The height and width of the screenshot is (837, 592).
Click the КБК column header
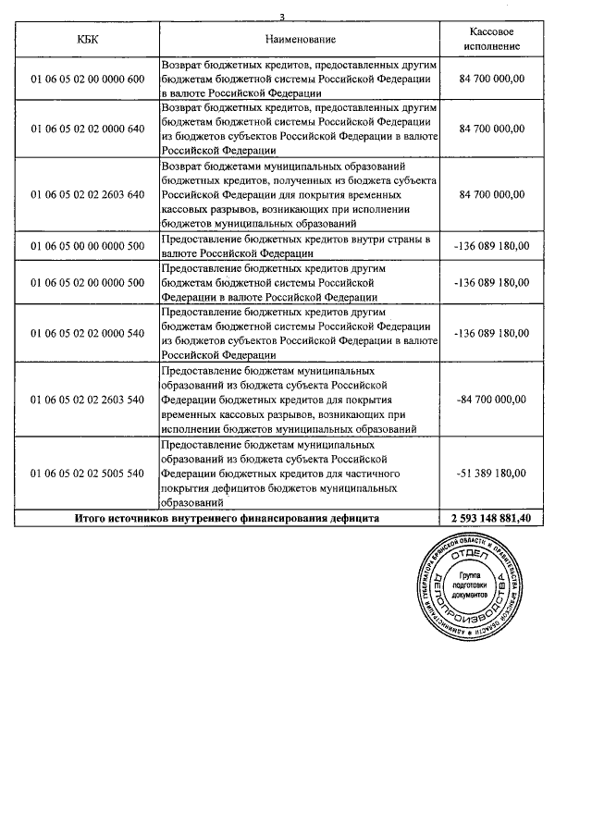pos(88,39)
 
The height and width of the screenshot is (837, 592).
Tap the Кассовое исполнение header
pos(491,39)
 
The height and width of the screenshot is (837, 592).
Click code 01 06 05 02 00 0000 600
pos(88,79)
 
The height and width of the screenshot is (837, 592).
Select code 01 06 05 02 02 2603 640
pos(88,194)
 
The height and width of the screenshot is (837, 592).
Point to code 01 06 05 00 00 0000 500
pos(88,246)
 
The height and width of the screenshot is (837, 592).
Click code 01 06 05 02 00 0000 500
pos(88,282)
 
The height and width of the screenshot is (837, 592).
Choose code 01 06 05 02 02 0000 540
pos(88,333)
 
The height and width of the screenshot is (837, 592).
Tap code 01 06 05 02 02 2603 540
pos(88,399)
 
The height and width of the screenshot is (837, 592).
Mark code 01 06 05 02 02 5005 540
pos(88,473)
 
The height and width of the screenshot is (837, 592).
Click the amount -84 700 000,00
pos(491,399)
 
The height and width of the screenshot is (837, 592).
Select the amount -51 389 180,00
pos(491,473)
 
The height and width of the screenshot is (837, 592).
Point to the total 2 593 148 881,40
pos(491,519)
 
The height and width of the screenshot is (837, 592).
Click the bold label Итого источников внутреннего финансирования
pos(227,519)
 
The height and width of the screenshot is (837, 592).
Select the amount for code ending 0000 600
pos(491,79)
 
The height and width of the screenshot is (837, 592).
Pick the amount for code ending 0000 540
pos(491,333)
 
